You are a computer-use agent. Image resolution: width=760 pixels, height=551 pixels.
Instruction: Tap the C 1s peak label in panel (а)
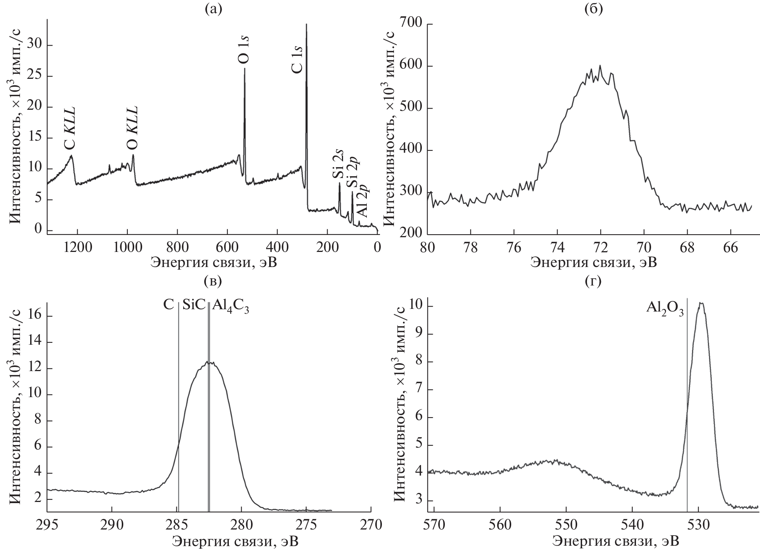pyautogui.click(x=297, y=60)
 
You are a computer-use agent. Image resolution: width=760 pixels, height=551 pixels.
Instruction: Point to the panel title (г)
pyautogui.click(x=593, y=281)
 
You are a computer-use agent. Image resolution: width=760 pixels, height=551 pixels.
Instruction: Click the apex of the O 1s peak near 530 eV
pyautogui.click(x=701, y=303)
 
